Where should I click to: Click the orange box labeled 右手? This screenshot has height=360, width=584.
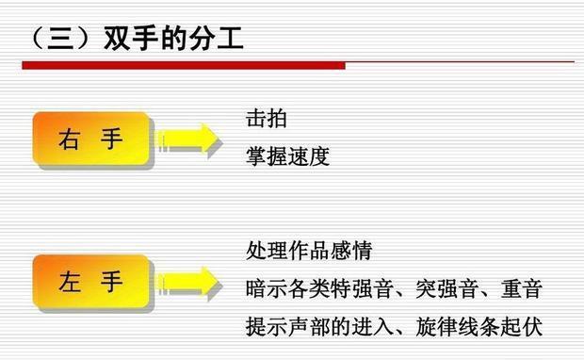91,140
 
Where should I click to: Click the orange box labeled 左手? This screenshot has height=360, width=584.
91,281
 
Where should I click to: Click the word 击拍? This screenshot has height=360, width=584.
266,120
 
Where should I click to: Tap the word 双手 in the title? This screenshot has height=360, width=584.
115,39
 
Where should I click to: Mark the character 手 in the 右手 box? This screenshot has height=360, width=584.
113,140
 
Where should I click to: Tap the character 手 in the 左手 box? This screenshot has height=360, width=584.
113,281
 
